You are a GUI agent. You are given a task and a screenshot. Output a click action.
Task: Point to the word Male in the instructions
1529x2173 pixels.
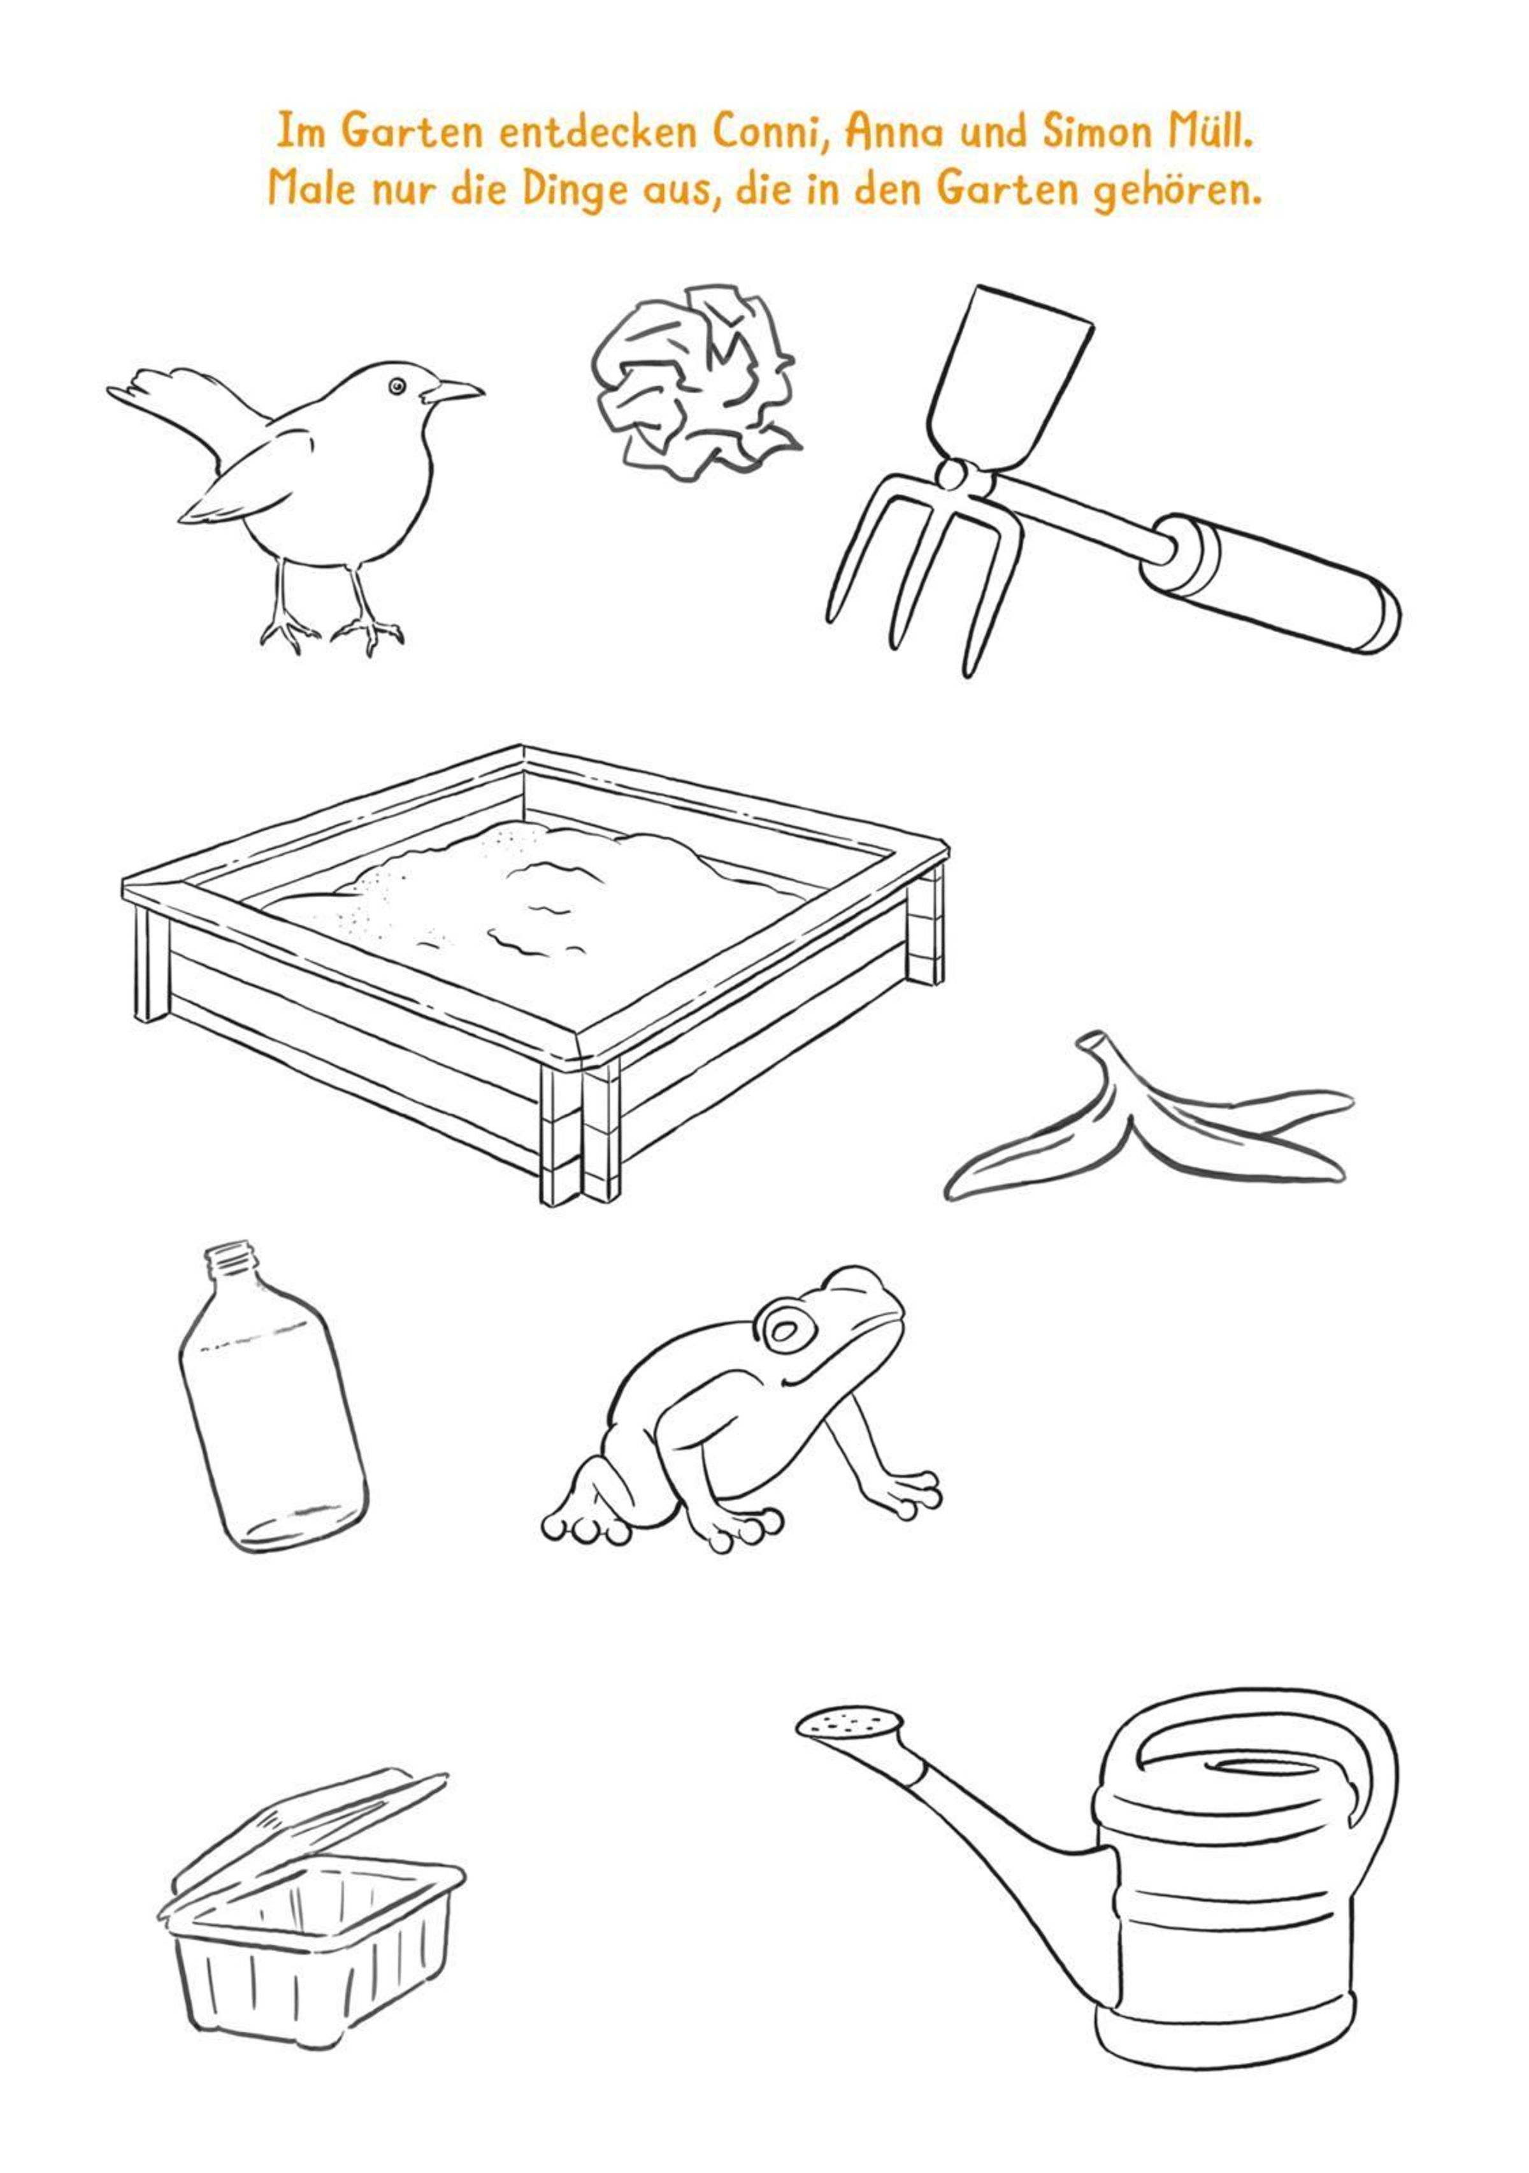312,189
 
